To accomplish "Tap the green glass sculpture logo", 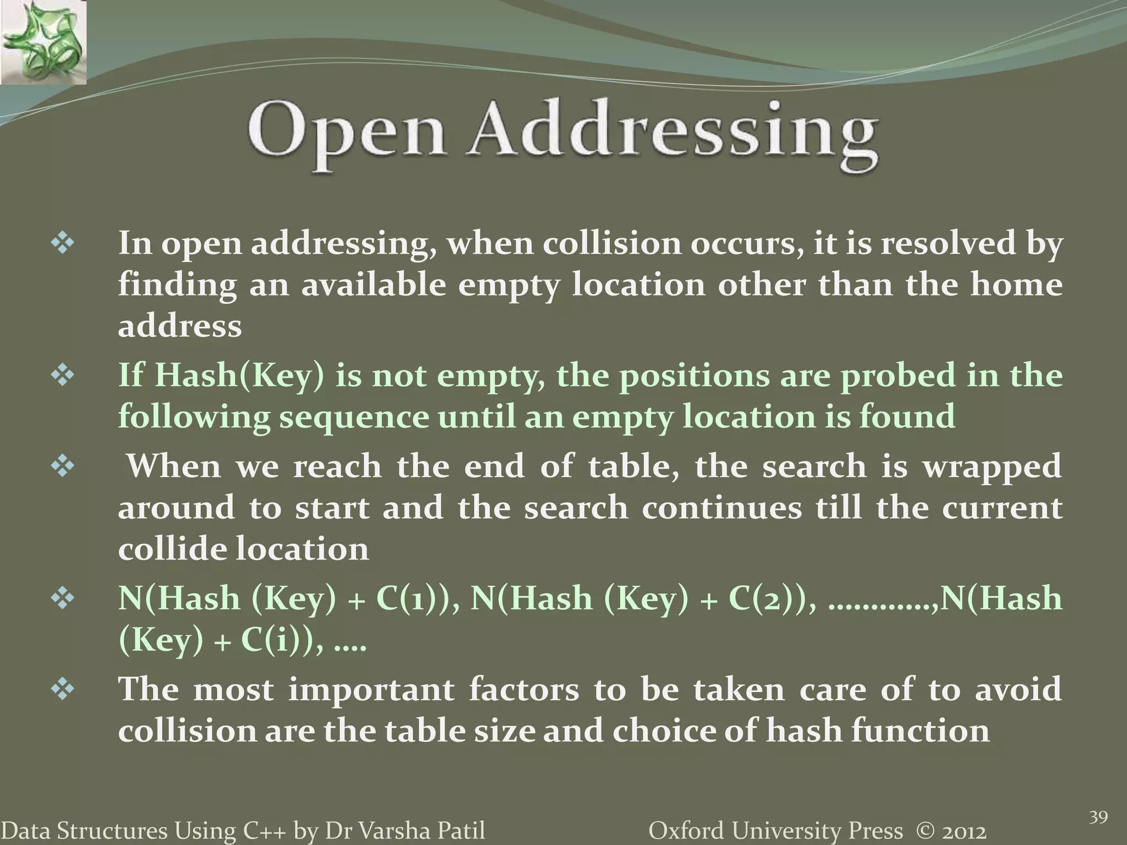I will click(x=43, y=42).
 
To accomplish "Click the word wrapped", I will click(x=991, y=467).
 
